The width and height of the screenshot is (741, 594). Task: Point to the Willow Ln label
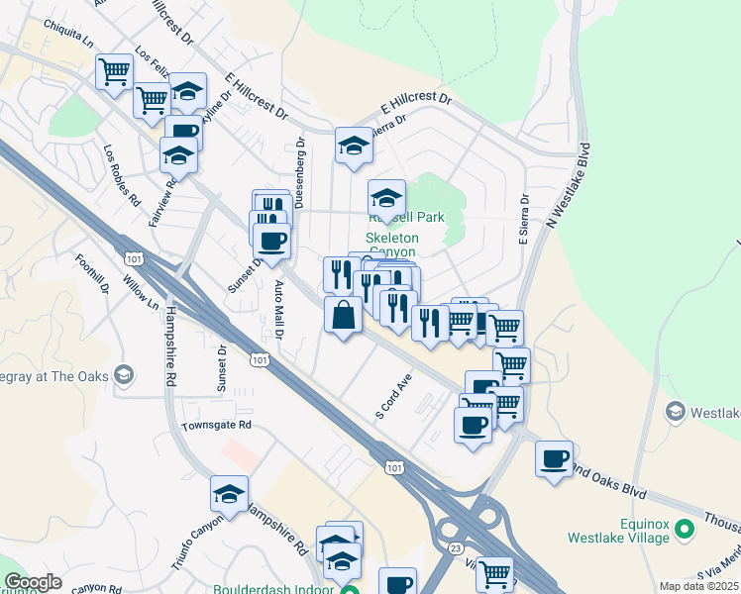139,291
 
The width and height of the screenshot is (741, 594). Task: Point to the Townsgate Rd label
217,425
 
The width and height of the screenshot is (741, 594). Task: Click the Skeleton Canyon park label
406,245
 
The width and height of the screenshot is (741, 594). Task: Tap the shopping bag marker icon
343,316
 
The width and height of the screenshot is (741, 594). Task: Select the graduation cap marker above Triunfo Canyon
230,494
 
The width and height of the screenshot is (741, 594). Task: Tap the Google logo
33,582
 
